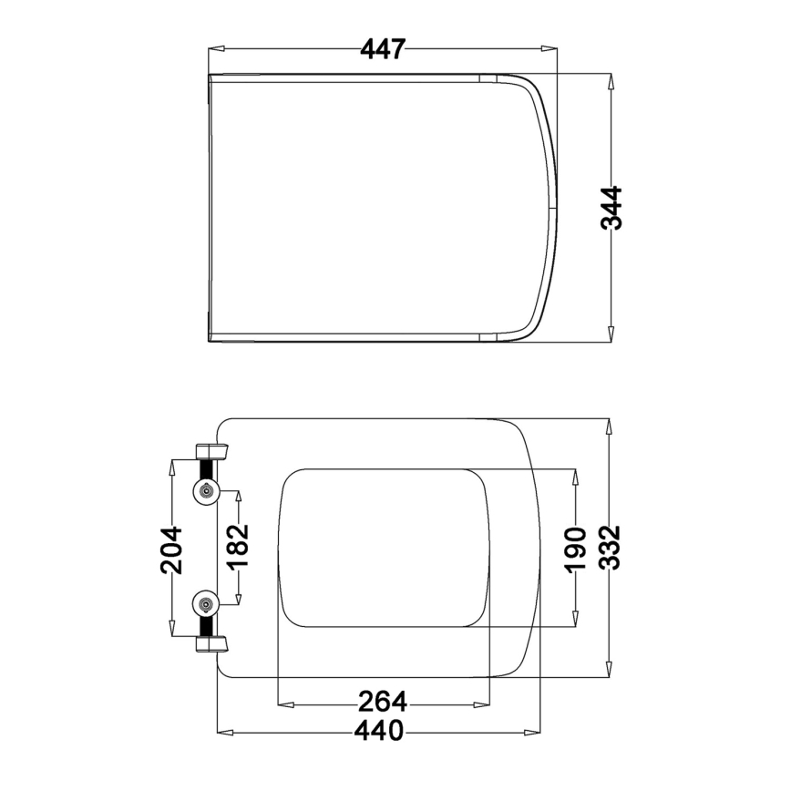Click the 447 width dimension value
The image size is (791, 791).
tap(382, 49)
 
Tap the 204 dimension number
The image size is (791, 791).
tap(171, 550)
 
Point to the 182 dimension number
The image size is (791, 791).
tap(238, 547)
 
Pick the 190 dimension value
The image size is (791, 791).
tap(574, 549)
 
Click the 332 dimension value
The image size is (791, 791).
tap(610, 547)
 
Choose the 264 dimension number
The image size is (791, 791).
tap(382, 703)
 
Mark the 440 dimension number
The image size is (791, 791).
tap(379, 731)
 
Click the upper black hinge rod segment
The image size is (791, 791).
tap(208, 470)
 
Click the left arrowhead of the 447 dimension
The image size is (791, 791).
tap(215, 49)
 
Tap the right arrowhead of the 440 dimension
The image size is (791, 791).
tap(536, 731)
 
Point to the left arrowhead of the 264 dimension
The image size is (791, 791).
tap(283, 703)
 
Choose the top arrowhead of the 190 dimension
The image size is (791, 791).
tap(574, 475)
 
